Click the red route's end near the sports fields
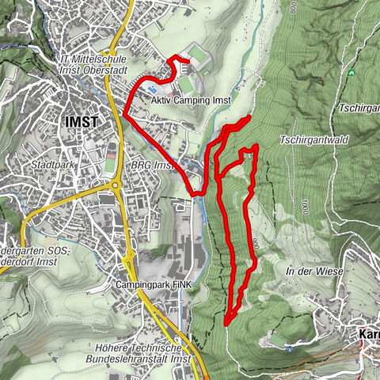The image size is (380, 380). click(x=188, y=60)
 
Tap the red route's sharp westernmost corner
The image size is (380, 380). click(x=124, y=115)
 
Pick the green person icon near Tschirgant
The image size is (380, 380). click(x=351, y=74)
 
